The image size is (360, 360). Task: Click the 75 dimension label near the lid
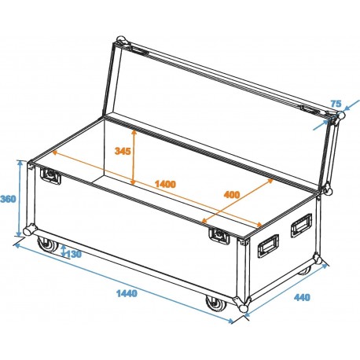click(336, 104)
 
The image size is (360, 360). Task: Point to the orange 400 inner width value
click(231, 194)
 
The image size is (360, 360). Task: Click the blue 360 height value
click(9, 198)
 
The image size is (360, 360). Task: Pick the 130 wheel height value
click(72, 253)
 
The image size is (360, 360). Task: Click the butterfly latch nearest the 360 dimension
click(52, 177)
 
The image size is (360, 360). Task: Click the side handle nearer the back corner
click(300, 228)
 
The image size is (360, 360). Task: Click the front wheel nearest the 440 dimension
click(214, 303)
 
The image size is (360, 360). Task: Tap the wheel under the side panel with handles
click(306, 271)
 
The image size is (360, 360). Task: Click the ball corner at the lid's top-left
click(120, 40)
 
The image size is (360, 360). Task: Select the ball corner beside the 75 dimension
click(340, 116)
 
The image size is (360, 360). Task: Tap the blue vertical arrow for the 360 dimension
click(19, 198)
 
